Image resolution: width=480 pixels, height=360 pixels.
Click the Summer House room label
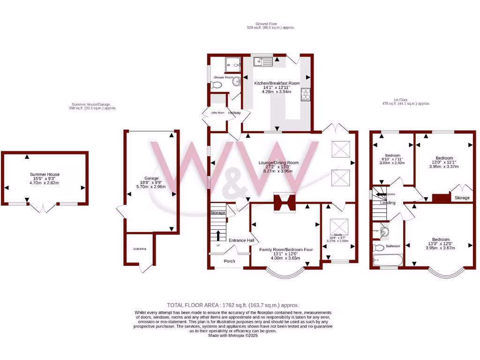[x=45, y=174]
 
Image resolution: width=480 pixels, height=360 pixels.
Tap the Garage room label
[x=151, y=178]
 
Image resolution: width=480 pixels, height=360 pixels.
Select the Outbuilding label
[x=140, y=249]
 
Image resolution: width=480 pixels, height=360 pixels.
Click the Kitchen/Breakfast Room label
[x=277, y=83]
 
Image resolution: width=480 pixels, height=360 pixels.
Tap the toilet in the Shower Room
[x=216, y=85]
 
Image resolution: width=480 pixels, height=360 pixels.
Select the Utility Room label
[x=218, y=113]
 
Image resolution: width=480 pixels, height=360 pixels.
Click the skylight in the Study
[x=338, y=227]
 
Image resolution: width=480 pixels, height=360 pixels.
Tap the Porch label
[x=230, y=261]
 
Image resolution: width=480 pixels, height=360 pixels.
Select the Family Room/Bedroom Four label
[x=286, y=250]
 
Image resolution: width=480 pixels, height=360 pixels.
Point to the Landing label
[x=388, y=203]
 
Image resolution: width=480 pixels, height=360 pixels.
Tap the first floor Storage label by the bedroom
[x=462, y=198]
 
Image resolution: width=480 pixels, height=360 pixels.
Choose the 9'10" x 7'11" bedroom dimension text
[x=393, y=159]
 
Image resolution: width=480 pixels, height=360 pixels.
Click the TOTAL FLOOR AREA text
[x=233, y=305]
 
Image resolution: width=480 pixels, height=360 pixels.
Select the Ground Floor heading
[x=267, y=23]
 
